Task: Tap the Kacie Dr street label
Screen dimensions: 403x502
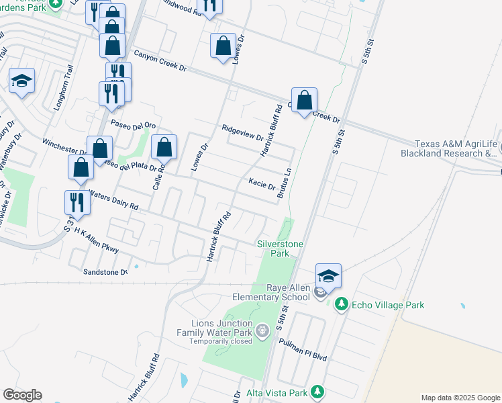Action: click(x=262, y=183)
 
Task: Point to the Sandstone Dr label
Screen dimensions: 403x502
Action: click(x=105, y=272)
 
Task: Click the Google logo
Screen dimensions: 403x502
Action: click(x=22, y=395)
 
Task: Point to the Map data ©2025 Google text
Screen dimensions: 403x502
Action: click(x=460, y=398)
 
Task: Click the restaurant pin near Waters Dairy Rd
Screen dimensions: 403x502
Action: click(x=77, y=203)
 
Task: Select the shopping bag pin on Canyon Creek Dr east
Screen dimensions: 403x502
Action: click(x=304, y=101)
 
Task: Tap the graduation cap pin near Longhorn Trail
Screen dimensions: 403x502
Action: click(x=22, y=82)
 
